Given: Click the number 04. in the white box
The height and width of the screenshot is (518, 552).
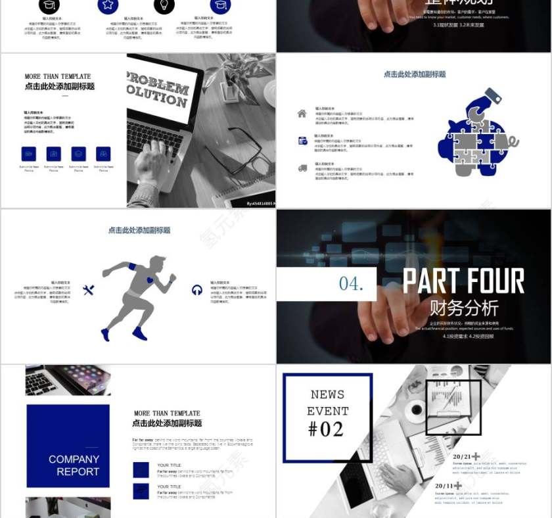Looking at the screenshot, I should [350, 283].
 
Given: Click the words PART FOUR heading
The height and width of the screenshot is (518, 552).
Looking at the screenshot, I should [463, 281].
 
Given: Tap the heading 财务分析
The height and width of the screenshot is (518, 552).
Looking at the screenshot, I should [464, 308].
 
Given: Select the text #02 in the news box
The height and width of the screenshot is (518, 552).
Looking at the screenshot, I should [326, 429].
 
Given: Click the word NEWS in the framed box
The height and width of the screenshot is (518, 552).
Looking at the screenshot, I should [327, 394].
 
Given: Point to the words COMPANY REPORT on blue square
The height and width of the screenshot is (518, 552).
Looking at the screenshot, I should [74, 465].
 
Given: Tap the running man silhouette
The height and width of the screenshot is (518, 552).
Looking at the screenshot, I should [139, 296].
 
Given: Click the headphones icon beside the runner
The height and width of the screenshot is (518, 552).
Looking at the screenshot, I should [196, 290].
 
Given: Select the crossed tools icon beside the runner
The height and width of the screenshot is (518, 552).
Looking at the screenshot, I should [89, 290].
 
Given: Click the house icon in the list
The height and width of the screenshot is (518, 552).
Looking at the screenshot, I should [302, 113].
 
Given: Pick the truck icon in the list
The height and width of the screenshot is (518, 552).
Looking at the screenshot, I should [302, 168].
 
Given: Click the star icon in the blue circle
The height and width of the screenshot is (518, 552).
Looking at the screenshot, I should [108, 5].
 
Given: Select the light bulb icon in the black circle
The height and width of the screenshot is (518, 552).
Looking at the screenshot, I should [164, 5].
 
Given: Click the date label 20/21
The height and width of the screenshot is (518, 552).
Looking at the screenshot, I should [462, 456].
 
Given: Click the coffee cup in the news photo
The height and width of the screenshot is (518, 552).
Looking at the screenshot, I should [415, 412].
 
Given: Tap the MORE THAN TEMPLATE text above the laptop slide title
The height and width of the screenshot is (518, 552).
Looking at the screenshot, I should [58, 76].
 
